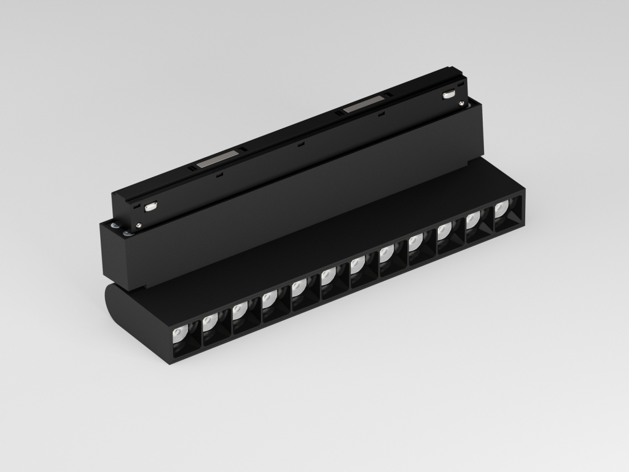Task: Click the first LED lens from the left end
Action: click(179, 335)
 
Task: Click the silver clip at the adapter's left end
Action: click(150, 207)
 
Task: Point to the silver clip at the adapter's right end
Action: click(449, 94)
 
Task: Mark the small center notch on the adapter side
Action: click(301, 145)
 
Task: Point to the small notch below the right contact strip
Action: click(381, 114)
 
